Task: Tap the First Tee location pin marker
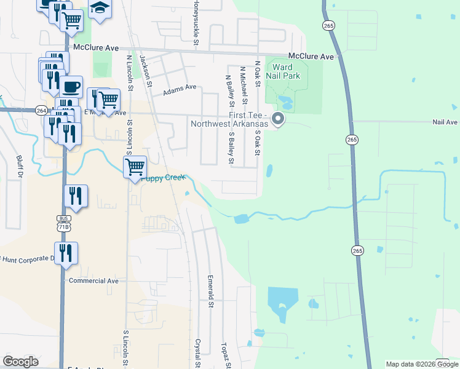(278, 118)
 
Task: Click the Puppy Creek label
(163, 178)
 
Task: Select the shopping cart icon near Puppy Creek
(135, 165)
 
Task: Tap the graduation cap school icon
(100, 9)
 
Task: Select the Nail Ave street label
(445, 122)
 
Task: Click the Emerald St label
(210, 291)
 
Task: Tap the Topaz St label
(226, 354)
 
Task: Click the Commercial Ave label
(93, 280)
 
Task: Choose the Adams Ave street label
(179, 90)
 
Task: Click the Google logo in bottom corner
(20, 362)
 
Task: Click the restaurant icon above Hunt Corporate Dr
(65, 252)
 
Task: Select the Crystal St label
(198, 352)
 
